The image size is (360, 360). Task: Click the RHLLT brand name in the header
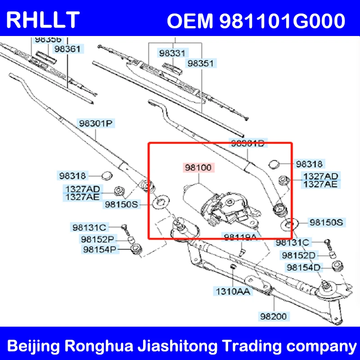[44, 20]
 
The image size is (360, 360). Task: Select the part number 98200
[273, 316]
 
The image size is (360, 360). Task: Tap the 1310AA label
[233, 292]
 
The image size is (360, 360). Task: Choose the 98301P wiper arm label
[95, 122]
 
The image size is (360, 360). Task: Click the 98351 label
[201, 63]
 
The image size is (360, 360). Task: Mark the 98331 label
[171, 53]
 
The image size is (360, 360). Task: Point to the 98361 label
[69, 48]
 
